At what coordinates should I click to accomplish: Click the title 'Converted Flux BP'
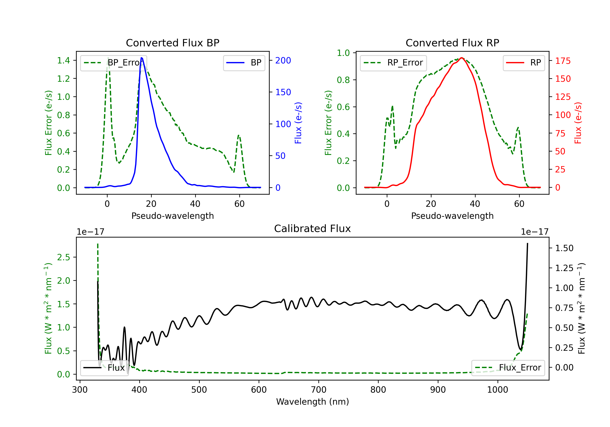(x=172, y=43)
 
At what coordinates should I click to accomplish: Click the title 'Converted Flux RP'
(x=452, y=43)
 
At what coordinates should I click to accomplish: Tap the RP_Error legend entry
(x=393, y=63)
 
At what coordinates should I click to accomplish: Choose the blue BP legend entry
(x=244, y=63)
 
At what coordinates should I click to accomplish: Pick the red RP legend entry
(x=524, y=63)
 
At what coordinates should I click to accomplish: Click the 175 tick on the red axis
(x=563, y=61)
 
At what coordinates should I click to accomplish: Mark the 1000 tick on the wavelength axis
(x=497, y=390)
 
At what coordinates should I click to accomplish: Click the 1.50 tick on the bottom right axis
(x=564, y=248)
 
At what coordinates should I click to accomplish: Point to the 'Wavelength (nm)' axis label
(x=313, y=402)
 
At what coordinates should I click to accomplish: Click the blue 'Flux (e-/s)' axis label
(x=298, y=123)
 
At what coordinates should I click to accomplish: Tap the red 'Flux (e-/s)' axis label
(x=578, y=123)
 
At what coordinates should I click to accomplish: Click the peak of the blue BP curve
(x=142, y=58)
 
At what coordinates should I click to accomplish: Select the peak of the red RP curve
(x=462, y=58)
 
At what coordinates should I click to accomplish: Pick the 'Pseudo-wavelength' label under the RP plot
(x=452, y=216)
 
